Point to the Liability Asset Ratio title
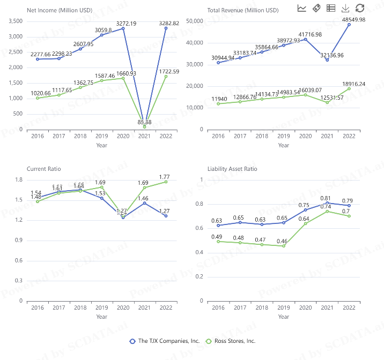(x=232, y=169)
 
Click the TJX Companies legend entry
(x=165, y=341)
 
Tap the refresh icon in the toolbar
(x=360, y=8)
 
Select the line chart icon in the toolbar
(x=302, y=8)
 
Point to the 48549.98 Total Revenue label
(x=350, y=19)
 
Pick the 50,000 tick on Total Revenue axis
(x=194, y=21)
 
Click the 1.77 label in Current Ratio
(x=166, y=177)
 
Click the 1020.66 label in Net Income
(x=37, y=93)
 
